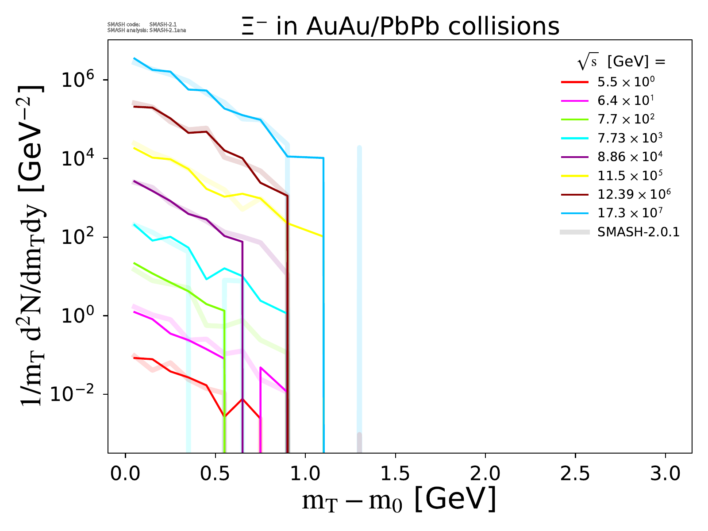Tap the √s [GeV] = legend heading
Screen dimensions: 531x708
point(621,62)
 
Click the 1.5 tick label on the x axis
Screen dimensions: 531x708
point(395,474)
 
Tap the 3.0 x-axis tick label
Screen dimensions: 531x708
point(665,474)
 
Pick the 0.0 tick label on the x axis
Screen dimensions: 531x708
point(125,474)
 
